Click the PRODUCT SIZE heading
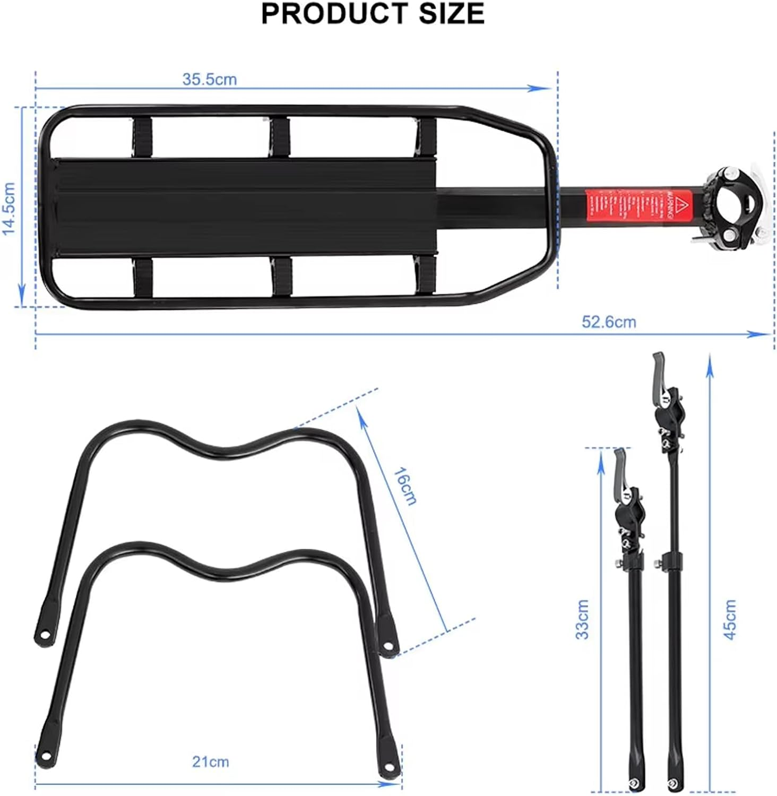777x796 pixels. [x=373, y=14]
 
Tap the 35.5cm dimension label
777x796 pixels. [x=209, y=80]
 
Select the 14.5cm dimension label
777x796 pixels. [x=8, y=209]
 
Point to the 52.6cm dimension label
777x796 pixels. [x=608, y=322]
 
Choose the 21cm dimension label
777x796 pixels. [x=210, y=762]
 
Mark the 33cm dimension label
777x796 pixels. [x=582, y=619]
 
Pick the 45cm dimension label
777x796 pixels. [x=730, y=619]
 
